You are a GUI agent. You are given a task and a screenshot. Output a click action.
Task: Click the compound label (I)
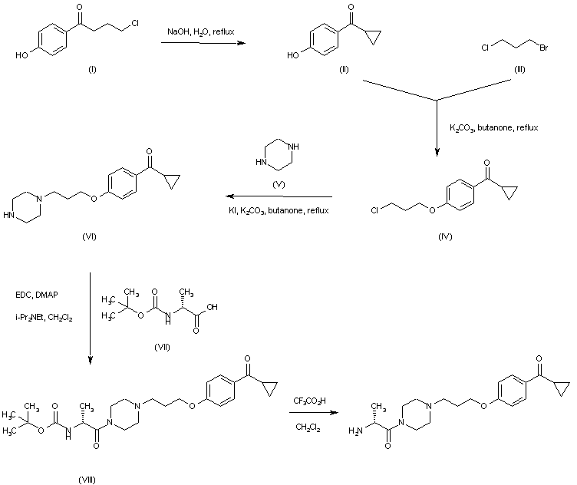pos(93,70)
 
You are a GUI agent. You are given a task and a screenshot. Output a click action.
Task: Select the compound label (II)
pos(345,70)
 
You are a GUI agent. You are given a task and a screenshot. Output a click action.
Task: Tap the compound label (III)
pos(520,70)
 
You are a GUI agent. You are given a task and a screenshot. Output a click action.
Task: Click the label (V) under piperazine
pos(279,184)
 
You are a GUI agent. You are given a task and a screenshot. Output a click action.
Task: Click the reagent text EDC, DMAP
pos(35,295)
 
